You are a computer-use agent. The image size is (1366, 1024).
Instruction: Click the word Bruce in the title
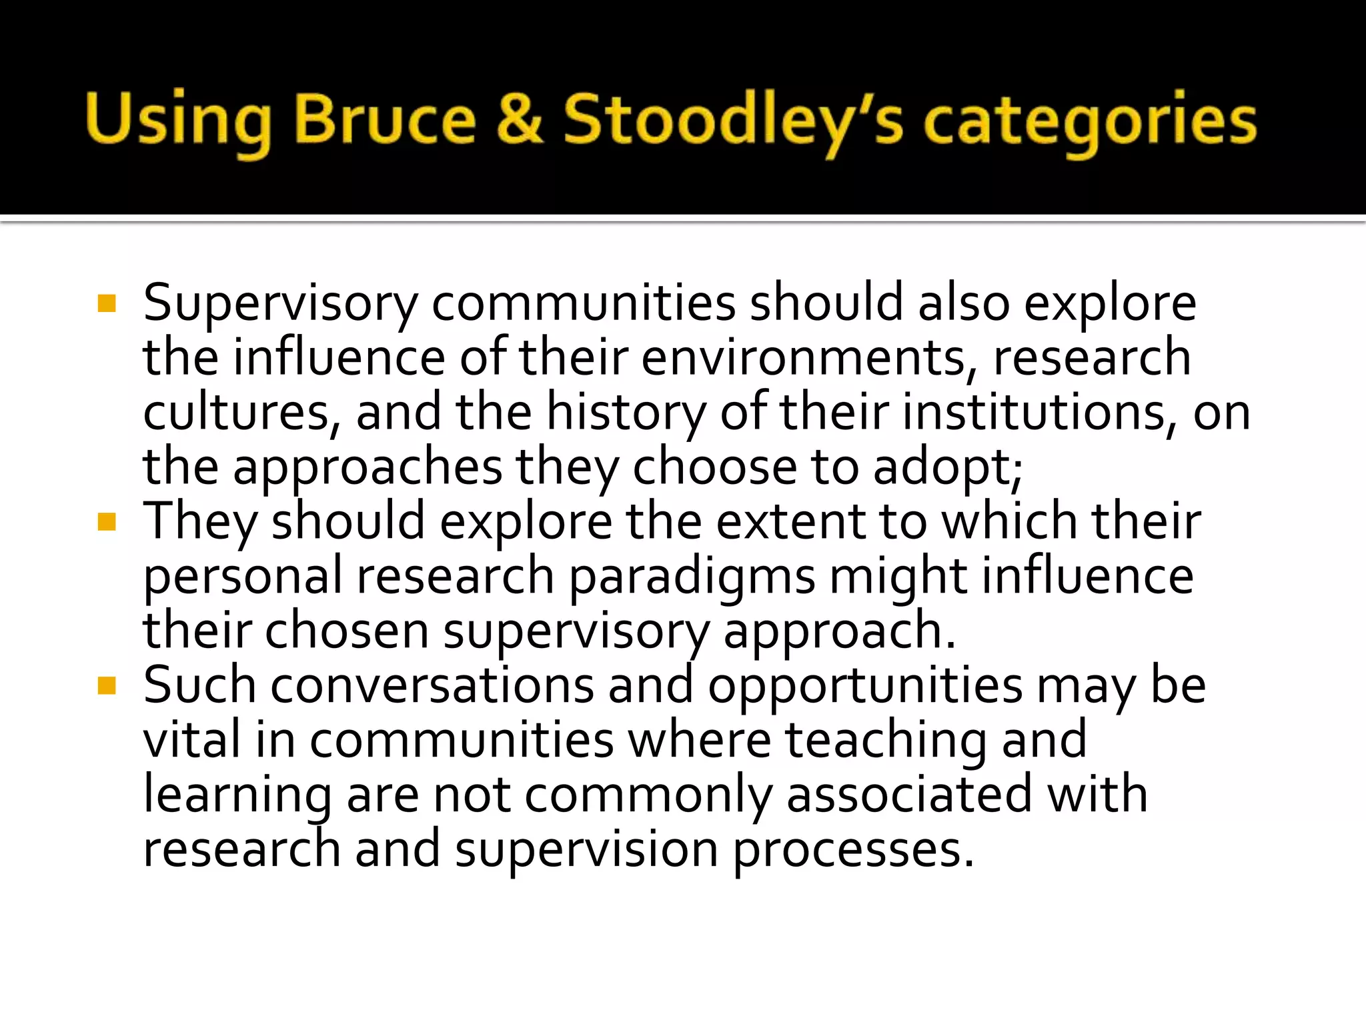coord(385,120)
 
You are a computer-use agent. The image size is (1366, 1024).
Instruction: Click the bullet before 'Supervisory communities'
coord(107,304)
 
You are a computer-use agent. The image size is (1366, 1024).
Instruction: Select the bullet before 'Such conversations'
coord(107,685)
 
